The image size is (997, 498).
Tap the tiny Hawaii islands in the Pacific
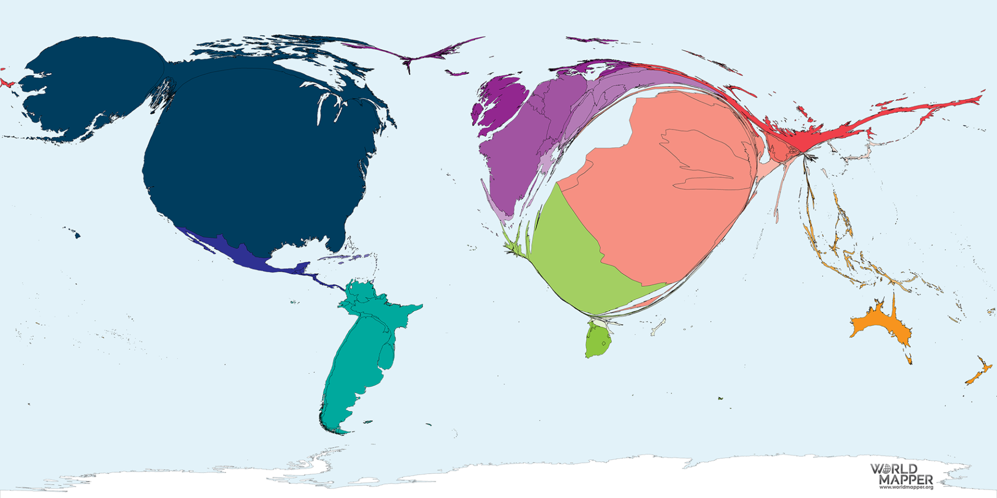pyautogui.click(x=76, y=235)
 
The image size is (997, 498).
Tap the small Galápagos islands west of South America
pyautogui.click(x=294, y=302)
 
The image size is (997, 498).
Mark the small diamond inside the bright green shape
pyautogui.click(x=604, y=343)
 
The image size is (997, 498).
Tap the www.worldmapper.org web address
pyautogui.click(x=906, y=488)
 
